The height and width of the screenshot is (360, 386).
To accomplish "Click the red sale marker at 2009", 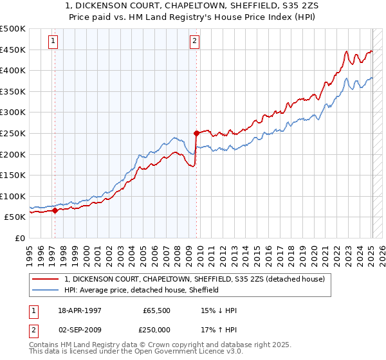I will [x=196, y=134].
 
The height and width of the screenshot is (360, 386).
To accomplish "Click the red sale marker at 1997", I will [x=55, y=210].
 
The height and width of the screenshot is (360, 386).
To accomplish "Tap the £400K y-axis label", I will [x=13, y=70].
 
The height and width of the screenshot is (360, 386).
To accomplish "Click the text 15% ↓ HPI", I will [x=219, y=310].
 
